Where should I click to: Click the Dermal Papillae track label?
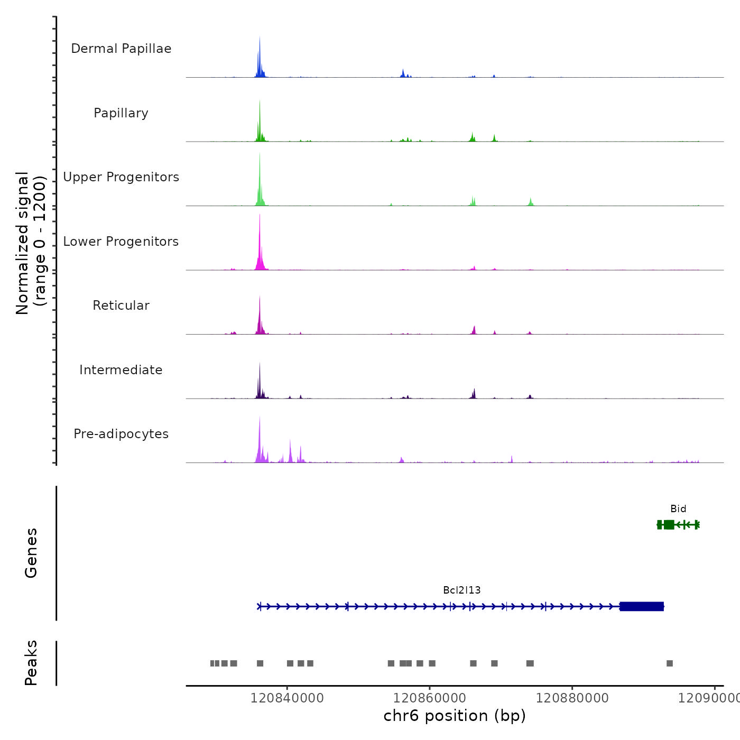[121, 49]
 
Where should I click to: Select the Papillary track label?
[121, 113]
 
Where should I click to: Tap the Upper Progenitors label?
[121, 177]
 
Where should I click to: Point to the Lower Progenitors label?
[121, 242]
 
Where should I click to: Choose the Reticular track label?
[121, 306]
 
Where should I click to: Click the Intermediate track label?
[121, 370]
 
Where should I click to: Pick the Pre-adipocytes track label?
[121, 434]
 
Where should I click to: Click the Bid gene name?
[678, 509]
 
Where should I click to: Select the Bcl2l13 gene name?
[462, 590]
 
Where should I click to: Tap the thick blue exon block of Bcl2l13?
[642, 606]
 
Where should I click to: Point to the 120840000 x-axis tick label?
[287, 698]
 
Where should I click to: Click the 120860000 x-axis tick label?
[430, 698]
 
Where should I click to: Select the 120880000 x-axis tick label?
[572, 698]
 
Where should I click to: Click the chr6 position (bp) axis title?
[455, 716]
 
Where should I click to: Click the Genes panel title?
[31, 553]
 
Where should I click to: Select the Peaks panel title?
[31, 663]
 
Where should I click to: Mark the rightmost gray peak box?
[670, 663]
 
